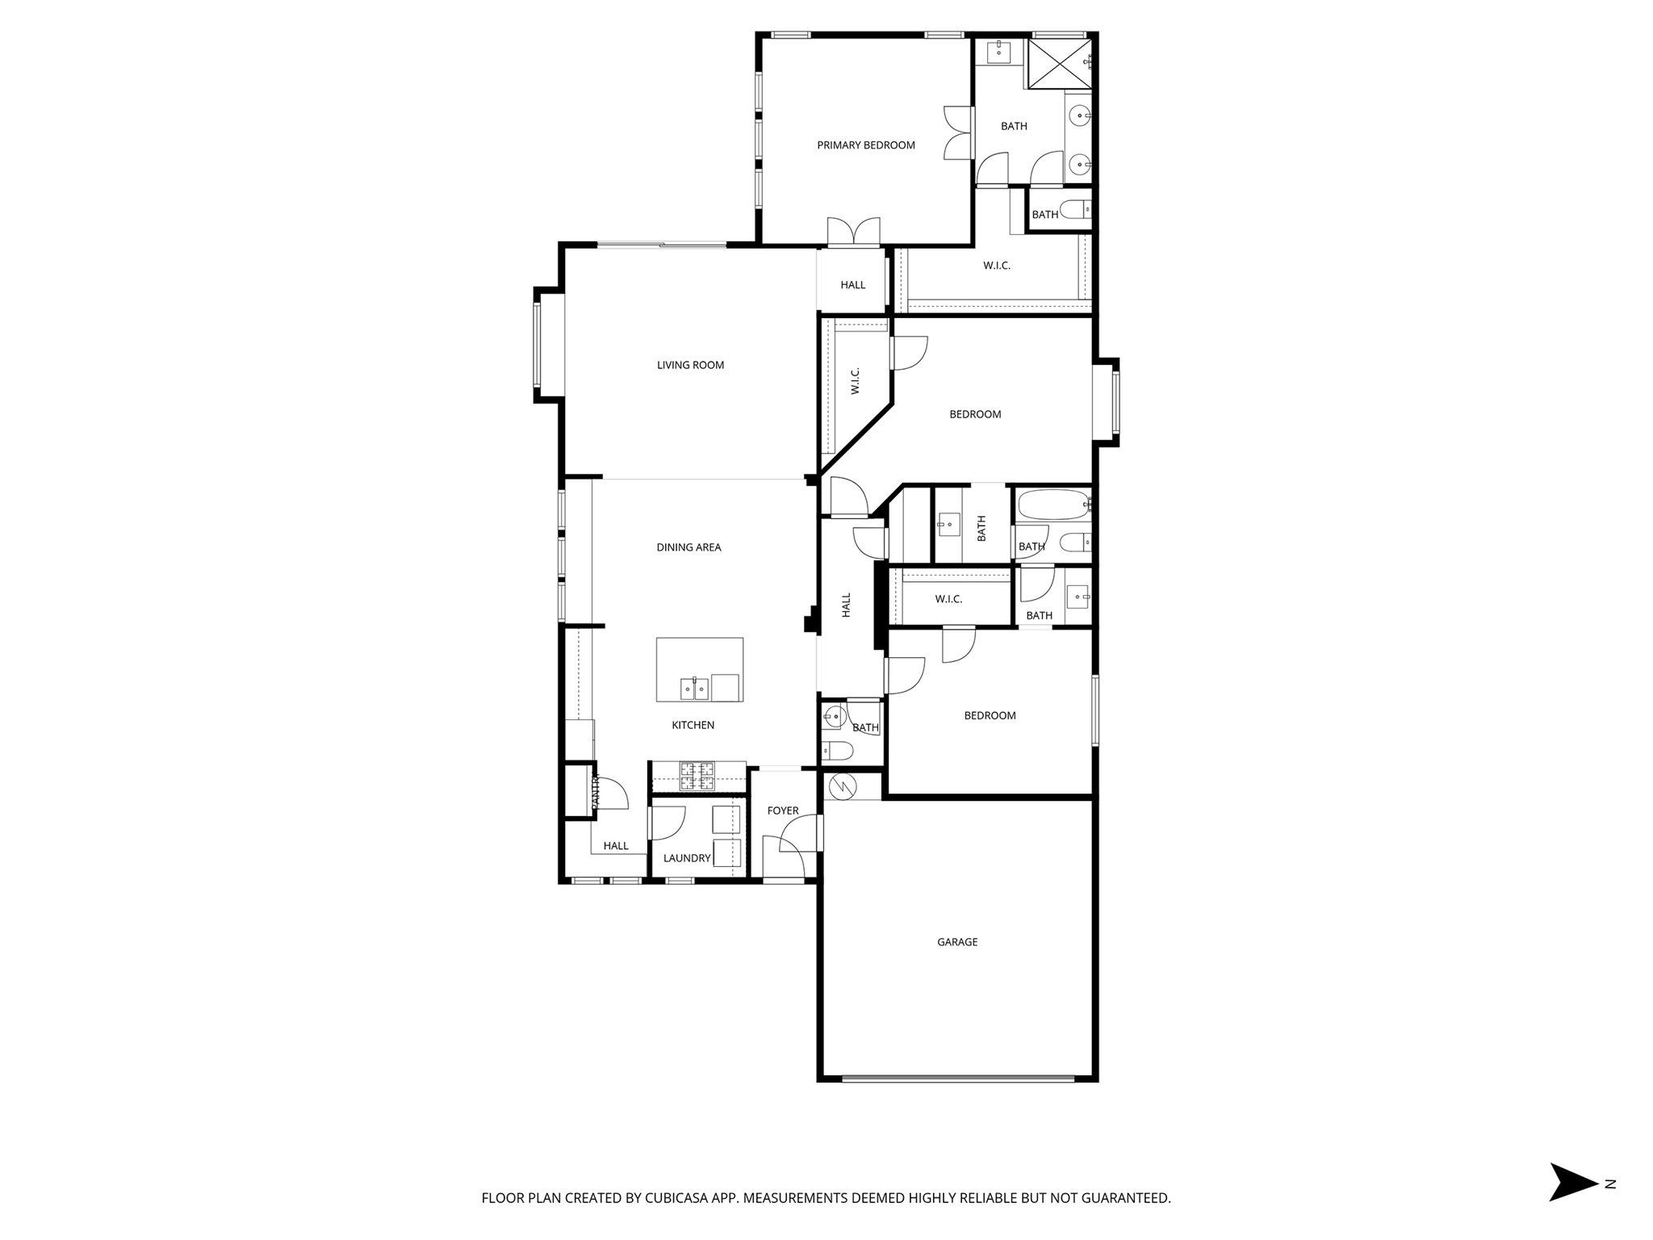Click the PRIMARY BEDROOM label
pos(865,145)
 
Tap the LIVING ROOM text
pos(690,365)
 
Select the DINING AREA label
pos(688,547)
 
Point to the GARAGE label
pos(957,942)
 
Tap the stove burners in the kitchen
pos(697,776)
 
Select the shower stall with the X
pos(1058,64)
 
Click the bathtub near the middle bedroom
pos(1052,505)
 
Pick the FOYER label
pos(782,811)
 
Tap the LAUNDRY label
pos(687,858)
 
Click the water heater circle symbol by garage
pos(842,785)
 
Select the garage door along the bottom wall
pos(957,1078)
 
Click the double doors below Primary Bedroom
pos(853,232)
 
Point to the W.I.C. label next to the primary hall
pos(996,266)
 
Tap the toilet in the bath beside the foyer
pos(837,752)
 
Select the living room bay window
pos(538,346)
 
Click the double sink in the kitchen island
pos(694,689)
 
